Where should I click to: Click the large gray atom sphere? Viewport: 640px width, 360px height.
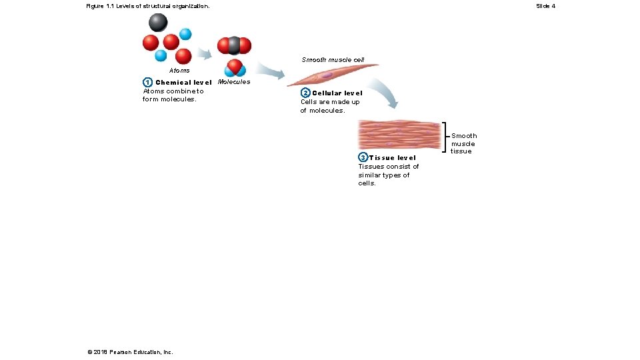[158, 23]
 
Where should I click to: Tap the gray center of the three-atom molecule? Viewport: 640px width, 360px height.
[234, 45]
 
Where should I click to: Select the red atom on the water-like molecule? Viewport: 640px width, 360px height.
[234, 65]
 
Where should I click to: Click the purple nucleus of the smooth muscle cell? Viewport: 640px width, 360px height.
[327, 75]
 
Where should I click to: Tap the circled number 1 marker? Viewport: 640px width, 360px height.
[147, 83]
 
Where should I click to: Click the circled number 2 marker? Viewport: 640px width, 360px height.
[305, 93]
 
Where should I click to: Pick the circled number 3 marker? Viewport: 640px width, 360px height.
[363, 158]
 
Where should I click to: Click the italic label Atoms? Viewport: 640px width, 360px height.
[179, 71]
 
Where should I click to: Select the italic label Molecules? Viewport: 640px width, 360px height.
[234, 82]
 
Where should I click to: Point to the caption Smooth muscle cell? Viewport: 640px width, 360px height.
[333, 60]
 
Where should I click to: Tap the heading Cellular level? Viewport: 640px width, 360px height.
[337, 93]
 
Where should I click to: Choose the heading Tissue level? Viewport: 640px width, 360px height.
[393, 158]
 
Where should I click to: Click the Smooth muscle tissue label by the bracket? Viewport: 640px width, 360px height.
[464, 143]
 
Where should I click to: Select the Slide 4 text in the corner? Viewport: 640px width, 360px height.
[545, 6]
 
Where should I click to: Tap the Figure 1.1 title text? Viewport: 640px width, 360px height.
[147, 6]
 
